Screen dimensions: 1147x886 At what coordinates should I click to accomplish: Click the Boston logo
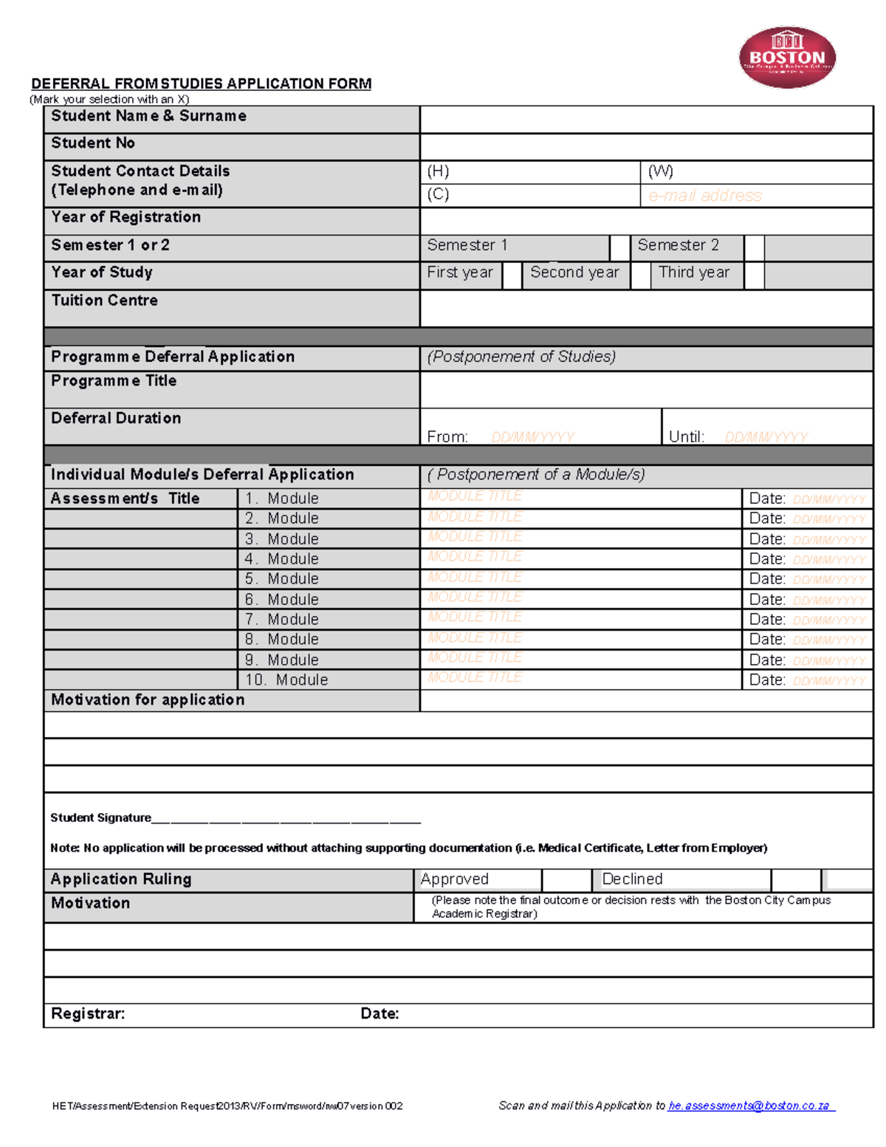tap(787, 58)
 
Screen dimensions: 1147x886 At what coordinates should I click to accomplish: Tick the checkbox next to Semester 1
tap(619, 247)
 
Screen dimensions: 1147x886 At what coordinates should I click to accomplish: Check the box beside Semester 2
tap(754, 247)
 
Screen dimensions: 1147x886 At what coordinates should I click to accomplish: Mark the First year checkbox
tap(512, 275)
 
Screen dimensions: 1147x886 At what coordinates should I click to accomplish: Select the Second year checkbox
tap(640, 275)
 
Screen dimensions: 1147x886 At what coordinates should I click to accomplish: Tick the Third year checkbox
tap(754, 275)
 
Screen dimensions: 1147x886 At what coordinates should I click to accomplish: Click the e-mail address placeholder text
tap(704, 196)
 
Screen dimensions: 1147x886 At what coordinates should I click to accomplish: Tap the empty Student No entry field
tap(646, 146)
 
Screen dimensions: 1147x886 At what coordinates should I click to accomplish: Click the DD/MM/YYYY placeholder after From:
tap(532, 437)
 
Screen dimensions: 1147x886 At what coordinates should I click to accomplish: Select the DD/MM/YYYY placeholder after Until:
tap(766, 437)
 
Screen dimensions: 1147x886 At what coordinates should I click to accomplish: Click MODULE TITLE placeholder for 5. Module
tap(475, 577)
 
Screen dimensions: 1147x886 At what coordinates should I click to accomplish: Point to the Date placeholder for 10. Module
tap(828, 681)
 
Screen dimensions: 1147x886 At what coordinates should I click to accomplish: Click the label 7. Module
tap(282, 620)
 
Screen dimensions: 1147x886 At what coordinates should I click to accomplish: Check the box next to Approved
tap(566, 880)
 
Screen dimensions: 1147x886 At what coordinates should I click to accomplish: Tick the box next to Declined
tap(795, 880)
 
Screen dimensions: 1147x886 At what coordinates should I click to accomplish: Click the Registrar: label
tap(88, 1014)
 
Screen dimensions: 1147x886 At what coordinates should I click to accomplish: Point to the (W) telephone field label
tap(660, 171)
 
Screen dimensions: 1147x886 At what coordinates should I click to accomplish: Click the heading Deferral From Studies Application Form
tap(201, 83)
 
